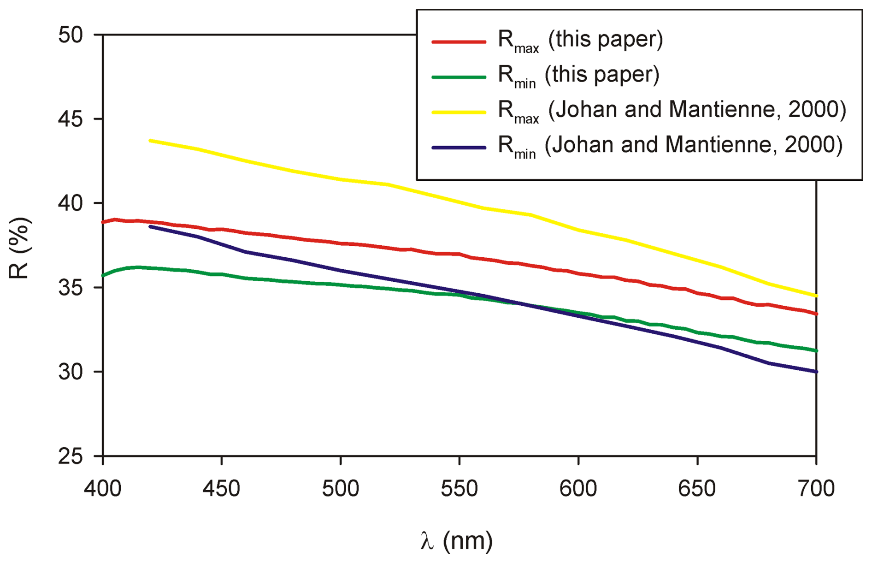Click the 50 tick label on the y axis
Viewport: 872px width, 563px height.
pos(70,35)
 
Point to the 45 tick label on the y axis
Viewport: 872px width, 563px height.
pos(70,119)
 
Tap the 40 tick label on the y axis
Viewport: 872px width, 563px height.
pos(70,203)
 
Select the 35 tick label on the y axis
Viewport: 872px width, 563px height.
pos(70,288)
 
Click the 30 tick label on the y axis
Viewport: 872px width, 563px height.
pos(70,372)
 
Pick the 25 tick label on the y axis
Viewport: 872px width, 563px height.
pos(70,456)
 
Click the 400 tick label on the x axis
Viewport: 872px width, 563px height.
pos(102,488)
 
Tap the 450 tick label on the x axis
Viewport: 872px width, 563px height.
pos(221,488)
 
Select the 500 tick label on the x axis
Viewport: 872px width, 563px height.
pos(341,488)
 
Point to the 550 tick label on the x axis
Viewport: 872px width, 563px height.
pos(460,488)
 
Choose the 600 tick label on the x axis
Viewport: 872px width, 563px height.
pos(578,488)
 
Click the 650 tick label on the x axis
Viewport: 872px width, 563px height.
pos(697,488)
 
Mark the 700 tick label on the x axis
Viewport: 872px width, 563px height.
pos(816,488)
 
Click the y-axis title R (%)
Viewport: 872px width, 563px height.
pos(19,248)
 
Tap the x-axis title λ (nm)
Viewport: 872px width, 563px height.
pos(457,540)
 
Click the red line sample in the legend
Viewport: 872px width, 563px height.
pos(459,42)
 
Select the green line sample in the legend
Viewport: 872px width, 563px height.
pos(459,77)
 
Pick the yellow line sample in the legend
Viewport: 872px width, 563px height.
pos(459,112)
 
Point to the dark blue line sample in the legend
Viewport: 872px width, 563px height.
pos(459,148)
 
